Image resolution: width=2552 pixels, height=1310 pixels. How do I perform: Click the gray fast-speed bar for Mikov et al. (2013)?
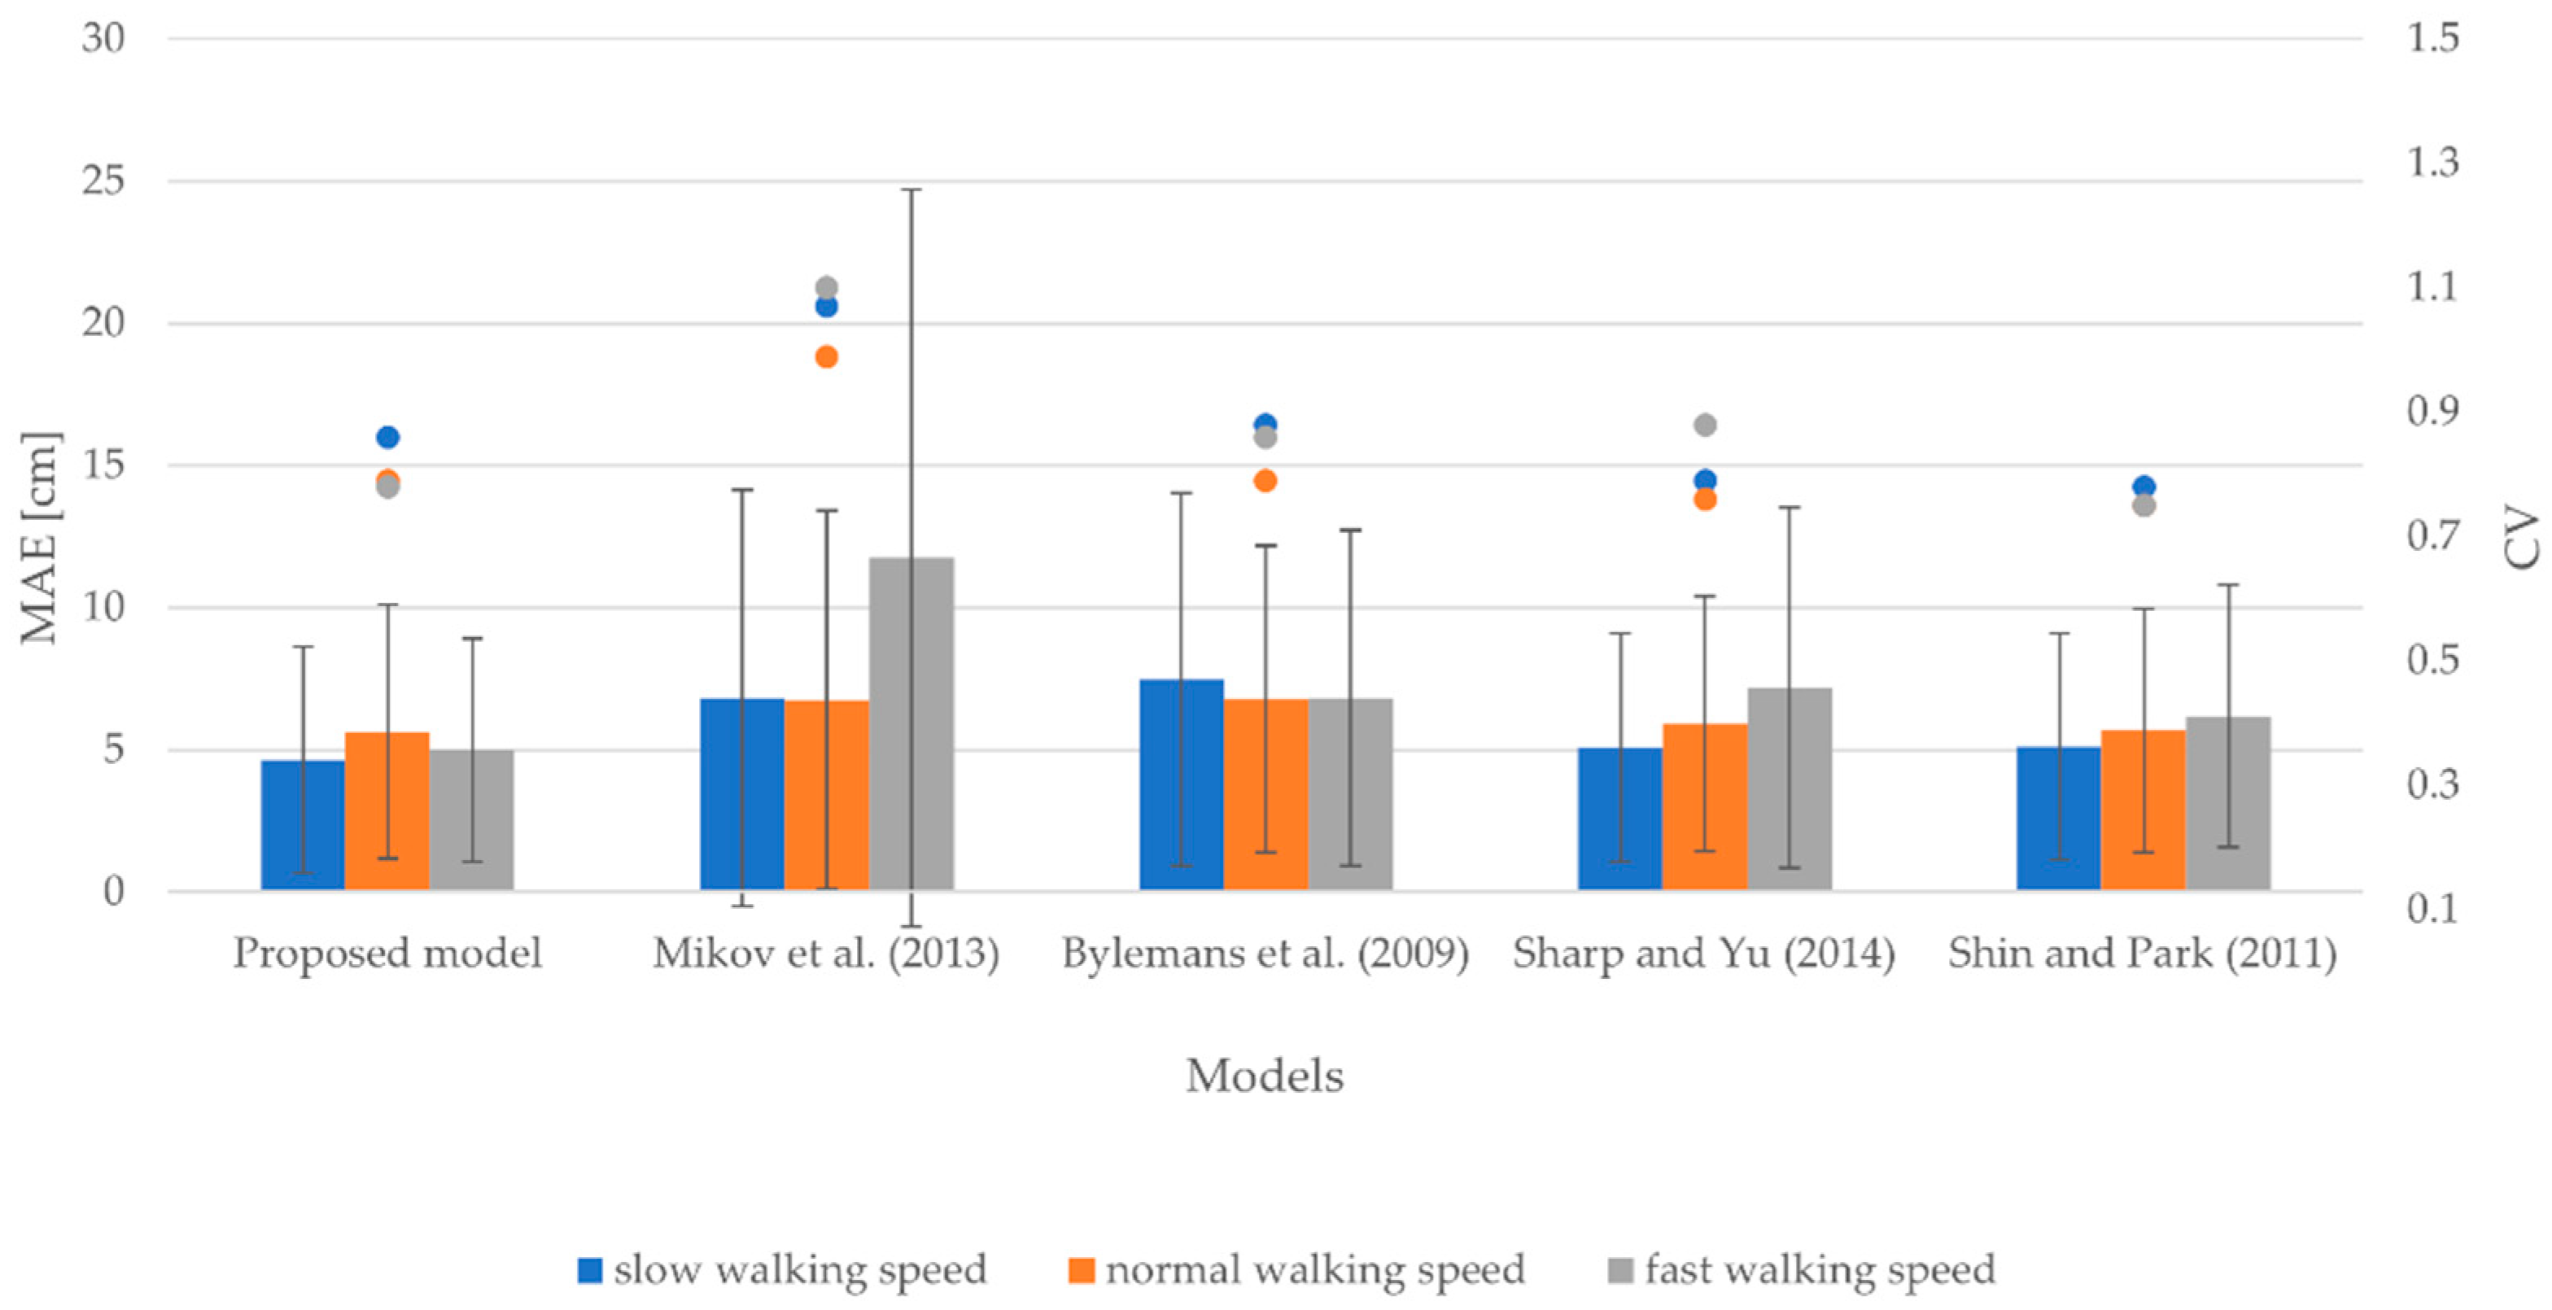coord(911,723)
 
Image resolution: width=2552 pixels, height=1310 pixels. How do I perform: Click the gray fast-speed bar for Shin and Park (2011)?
coord(2228,802)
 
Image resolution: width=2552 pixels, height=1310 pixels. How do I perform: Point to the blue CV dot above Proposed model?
coord(387,437)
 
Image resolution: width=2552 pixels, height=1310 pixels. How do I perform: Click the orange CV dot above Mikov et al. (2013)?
coord(826,356)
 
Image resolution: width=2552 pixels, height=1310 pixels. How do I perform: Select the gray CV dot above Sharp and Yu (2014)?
coord(1705,425)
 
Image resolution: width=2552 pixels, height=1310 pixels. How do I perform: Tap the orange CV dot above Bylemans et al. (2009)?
coord(1265,481)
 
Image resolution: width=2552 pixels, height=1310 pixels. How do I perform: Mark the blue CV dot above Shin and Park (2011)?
coord(2143,487)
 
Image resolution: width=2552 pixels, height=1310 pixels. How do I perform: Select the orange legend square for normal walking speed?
coord(1081,1269)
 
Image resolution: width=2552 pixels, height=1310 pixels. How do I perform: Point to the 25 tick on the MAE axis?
coord(103,181)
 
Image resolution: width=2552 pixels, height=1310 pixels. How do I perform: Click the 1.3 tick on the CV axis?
coord(2433,162)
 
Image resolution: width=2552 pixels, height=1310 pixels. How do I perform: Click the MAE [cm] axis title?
coord(41,538)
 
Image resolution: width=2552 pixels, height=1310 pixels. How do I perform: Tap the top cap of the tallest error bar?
coord(911,190)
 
